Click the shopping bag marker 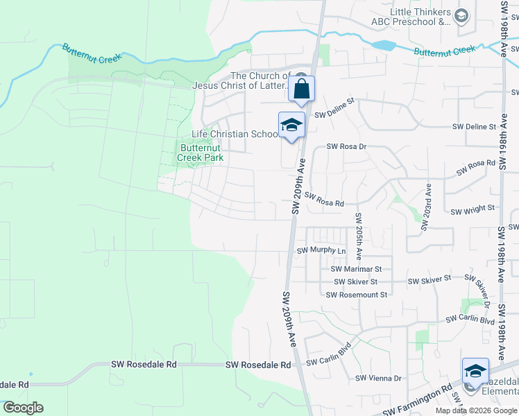(301, 89)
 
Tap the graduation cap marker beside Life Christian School (291, 125)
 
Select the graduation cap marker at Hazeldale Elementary (475, 371)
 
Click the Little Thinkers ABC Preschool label (420, 17)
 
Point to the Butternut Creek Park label (201, 153)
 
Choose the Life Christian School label (235, 134)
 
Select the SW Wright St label (473, 208)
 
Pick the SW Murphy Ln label (321, 250)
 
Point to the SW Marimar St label (356, 268)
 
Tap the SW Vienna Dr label (378, 378)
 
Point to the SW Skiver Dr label (483, 292)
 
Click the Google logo (23, 408)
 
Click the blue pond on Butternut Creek (383, 46)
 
